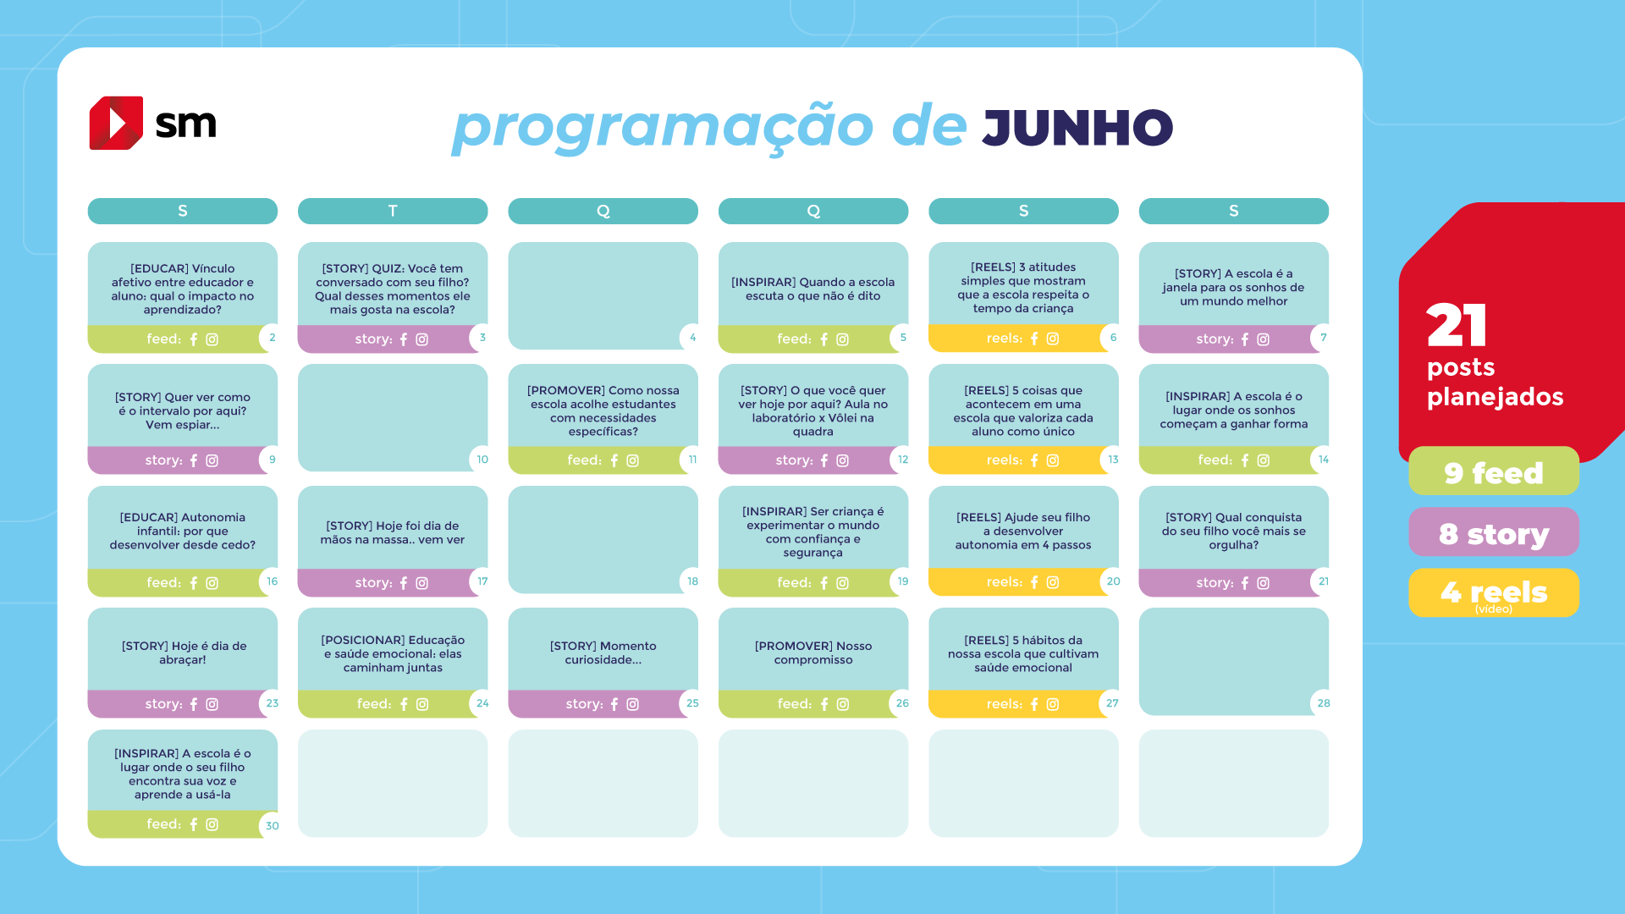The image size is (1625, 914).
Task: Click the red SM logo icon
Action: [x=116, y=123]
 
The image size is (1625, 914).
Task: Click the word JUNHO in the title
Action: [x=1077, y=128]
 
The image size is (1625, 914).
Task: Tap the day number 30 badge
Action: [x=272, y=825]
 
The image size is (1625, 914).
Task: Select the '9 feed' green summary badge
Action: [x=1494, y=471]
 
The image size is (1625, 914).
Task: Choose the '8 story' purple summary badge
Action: [x=1494, y=532]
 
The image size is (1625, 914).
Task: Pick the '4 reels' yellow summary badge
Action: [x=1494, y=593]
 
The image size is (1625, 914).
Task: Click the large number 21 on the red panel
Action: [x=1457, y=325]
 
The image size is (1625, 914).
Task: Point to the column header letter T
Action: [x=393, y=211]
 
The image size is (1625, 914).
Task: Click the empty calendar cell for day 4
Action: [x=603, y=296]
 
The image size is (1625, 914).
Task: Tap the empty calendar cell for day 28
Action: [x=1233, y=662]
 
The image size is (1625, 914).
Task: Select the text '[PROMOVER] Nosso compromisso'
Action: [x=813, y=652]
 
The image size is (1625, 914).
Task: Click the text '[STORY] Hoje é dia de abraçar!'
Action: [x=184, y=652]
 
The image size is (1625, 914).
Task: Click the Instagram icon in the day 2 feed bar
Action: [x=212, y=339]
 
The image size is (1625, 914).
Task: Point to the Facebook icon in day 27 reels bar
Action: [x=1034, y=704]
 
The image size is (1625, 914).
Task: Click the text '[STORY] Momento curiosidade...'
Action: [x=603, y=652]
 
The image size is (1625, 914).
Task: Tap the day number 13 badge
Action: [x=1113, y=460]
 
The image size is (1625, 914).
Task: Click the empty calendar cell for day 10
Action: [x=393, y=418]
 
